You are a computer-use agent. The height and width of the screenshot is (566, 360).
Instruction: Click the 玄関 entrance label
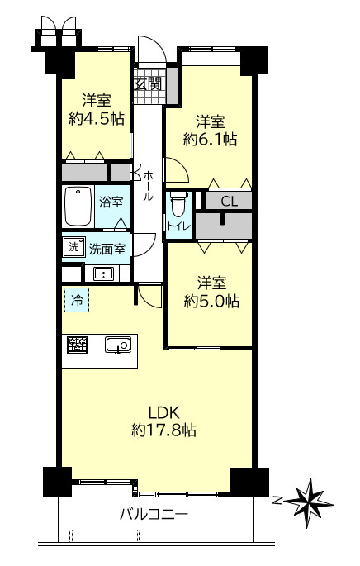(148, 85)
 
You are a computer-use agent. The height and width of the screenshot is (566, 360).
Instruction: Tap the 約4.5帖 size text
(97, 118)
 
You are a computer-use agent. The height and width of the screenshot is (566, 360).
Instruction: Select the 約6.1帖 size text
(211, 139)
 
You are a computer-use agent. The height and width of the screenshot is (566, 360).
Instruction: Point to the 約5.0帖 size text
(211, 301)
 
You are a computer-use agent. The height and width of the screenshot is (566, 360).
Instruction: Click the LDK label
(164, 412)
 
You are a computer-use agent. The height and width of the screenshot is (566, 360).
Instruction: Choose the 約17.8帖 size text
(163, 430)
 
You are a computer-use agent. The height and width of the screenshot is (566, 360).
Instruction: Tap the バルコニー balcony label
(154, 514)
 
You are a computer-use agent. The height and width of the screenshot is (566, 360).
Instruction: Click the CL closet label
(229, 202)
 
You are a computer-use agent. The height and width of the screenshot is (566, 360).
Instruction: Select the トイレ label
(178, 226)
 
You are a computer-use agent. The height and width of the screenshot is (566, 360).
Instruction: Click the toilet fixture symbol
(179, 204)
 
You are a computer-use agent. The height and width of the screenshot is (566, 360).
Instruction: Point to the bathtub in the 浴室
(78, 207)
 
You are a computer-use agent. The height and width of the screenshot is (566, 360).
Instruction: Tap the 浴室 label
(111, 202)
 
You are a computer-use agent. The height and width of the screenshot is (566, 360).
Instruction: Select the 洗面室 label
(107, 249)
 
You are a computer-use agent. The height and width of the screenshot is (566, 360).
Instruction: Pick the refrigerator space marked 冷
(77, 300)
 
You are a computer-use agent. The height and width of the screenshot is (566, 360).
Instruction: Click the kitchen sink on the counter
(118, 345)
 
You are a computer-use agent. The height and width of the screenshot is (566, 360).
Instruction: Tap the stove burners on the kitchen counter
(77, 345)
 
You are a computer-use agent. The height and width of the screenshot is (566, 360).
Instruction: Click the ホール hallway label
(149, 186)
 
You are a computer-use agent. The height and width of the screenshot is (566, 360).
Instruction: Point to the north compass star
(311, 502)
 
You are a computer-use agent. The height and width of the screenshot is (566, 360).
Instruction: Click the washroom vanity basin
(103, 273)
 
